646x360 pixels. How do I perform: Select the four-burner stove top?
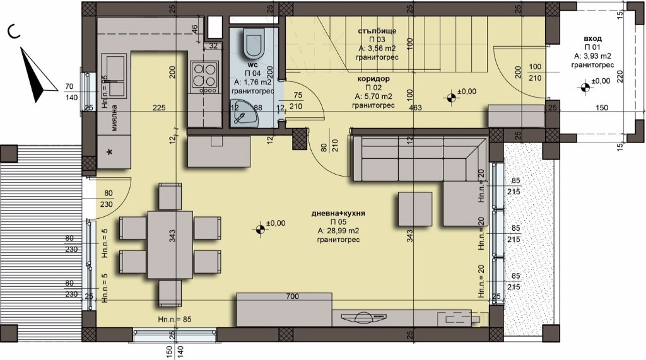pyautogui.click(x=204, y=77)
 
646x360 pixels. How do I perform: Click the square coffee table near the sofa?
pyautogui.click(x=415, y=209)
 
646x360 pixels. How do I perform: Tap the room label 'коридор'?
pyautogui.click(x=373, y=79)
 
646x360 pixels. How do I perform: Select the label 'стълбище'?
pyautogui.click(x=377, y=31)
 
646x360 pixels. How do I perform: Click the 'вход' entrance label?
pyautogui.click(x=592, y=38)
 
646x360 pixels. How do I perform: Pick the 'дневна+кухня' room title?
pyautogui.click(x=338, y=213)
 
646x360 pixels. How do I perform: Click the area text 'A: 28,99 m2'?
pyautogui.click(x=338, y=231)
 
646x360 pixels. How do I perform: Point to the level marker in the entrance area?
pyautogui.click(x=584, y=88)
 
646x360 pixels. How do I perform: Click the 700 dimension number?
pyautogui.click(x=292, y=296)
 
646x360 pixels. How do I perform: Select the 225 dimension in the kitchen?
pyautogui.click(x=159, y=108)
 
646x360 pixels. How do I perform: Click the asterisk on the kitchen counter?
pyautogui.click(x=109, y=153)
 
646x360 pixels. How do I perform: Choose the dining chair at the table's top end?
pyautogui.click(x=170, y=197)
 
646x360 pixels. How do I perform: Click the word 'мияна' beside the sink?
pyautogui.click(x=115, y=119)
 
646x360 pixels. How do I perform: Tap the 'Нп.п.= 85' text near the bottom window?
pyautogui.click(x=175, y=319)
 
